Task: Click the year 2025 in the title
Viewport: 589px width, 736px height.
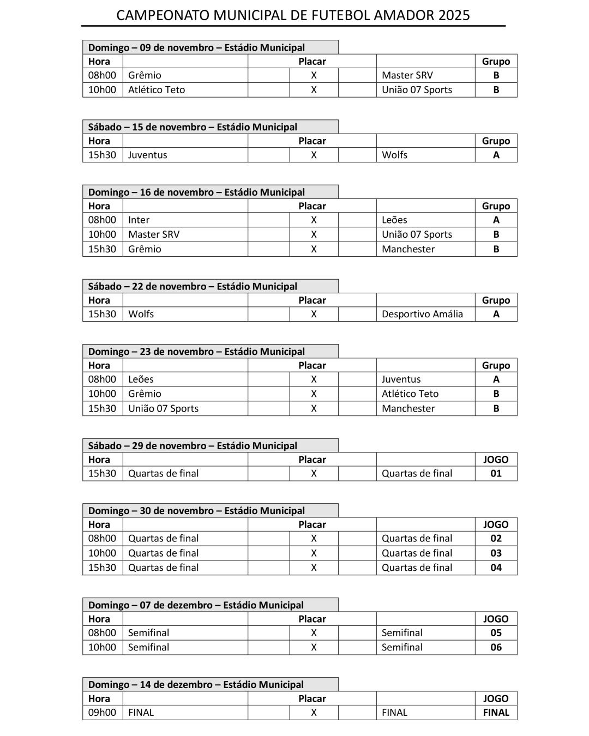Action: pyautogui.click(x=454, y=15)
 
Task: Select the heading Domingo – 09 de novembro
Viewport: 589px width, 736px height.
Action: pyautogui.click(x=196, y=47)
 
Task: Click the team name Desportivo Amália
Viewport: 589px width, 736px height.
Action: pyautogui.click(x=422, y=314)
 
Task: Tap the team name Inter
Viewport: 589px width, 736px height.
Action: pyautogui.click(x=139, y=220)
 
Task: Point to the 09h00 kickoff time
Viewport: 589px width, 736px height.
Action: pyautogui.click(x=102, y=712)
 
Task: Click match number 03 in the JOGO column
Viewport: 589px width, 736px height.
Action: pyautogui.click(x=496, y=553)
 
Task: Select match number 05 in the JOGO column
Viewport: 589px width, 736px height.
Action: pyautogui.click(x=496, y=632)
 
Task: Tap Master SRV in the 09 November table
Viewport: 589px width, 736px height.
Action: pyautogui.click(x=407, y=75)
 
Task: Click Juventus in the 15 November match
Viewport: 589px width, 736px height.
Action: pyautogui.click(x=147, y=155)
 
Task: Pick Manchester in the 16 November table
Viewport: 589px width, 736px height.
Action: pyautogui.click(x=408, y=249)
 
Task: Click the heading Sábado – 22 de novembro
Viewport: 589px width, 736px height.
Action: pyautogui.click(x=193, y=286)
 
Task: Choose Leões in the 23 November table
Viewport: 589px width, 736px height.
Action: pyautogui.click(x=141, y=379)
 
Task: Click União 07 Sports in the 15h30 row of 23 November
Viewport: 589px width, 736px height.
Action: pyautogui.click(x=163, y=408)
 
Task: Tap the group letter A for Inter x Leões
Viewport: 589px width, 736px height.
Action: pyautogui.click(x=496, y=220)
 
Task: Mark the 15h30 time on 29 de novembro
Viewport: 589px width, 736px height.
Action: pyautogui.click(x=102, y=473)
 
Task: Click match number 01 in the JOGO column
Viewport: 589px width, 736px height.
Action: pyautogui.click(x=496, y=473)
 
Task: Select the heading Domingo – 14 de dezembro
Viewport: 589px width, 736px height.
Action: pyautogui.click(x=196, y=684)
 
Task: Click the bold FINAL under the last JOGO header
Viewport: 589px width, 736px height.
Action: pyautogui.click(x=496, y=712)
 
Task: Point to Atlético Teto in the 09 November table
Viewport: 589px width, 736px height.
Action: pyautogui.click(x=157, y=89)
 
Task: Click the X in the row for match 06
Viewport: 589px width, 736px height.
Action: pyautogui.click(x=314, y=647)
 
